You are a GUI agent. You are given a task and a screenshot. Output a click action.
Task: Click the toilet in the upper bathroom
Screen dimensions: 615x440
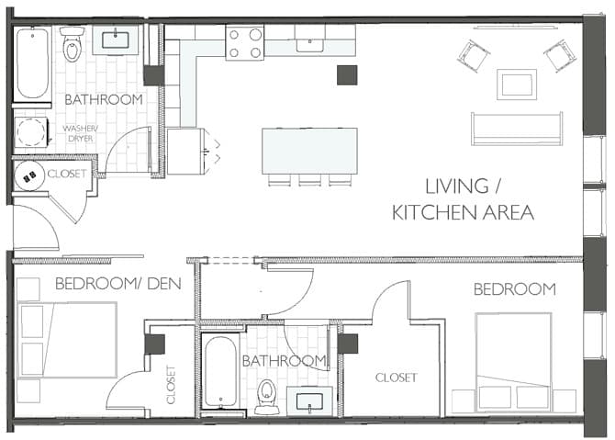click(x=72, y=44)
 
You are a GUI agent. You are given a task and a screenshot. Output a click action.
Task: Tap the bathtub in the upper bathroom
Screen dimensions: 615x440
click(x=32, y=62)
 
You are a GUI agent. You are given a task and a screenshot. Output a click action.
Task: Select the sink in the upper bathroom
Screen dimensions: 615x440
click(x=116, y=40)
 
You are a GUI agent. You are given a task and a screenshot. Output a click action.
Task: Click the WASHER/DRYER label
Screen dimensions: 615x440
click(x=81, y=133)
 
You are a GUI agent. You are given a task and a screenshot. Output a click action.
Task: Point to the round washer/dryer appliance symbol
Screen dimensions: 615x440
click(x=30, y=131)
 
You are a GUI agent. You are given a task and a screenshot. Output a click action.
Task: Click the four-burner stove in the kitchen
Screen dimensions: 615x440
click(x=245, y=42)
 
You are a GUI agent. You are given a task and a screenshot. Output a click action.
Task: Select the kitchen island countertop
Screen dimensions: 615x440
click(x=310, y=151)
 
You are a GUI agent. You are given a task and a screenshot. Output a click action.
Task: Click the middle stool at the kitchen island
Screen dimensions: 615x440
click(x=310, y=180)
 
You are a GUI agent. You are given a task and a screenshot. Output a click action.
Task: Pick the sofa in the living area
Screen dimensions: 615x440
click(x=517, y=129)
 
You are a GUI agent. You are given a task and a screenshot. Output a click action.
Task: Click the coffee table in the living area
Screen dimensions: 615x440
click(x=517, y=85)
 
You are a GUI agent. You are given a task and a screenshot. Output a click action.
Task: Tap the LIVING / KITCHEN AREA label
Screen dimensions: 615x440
click(x=463, y=199)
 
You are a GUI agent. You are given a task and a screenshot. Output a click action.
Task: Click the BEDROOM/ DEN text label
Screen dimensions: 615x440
click(x=118, y=284)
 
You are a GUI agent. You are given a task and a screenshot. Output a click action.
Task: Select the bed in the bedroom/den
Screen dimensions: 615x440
click(x=67, y=340)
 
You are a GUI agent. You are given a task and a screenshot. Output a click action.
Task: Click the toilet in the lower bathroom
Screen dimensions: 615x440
click(x=267, y=397)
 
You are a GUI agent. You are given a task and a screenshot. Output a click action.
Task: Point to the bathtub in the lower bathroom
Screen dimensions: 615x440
click(x=221, y=372)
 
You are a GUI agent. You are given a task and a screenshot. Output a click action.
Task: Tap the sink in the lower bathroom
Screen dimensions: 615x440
click(x=309, y=401)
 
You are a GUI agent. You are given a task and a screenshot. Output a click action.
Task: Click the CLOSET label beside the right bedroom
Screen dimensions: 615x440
click(x=396, y=378)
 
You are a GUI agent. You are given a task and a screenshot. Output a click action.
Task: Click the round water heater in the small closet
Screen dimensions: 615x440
click(x=29, y=176)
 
